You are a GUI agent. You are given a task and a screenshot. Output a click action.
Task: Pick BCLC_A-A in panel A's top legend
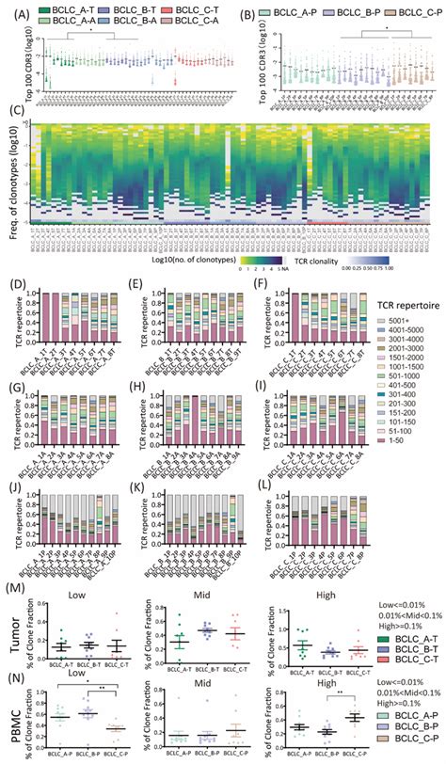(x=63, y=20)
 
